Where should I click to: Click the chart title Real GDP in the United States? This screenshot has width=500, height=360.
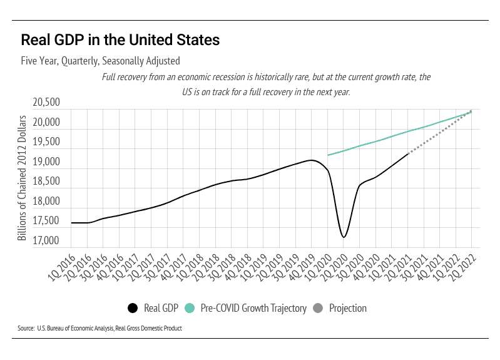(120, 40)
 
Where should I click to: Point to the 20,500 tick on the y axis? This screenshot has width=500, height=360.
(47, 102)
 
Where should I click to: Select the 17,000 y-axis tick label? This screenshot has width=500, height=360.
(47, 240)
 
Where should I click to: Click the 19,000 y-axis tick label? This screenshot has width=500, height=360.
(47, 162)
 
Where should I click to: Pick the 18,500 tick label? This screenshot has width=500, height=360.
(47, 181)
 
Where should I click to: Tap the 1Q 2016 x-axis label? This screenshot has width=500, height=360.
(62, 266)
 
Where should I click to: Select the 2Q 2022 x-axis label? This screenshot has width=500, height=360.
(462, 266)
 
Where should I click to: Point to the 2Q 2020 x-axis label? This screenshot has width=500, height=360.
(334, 266)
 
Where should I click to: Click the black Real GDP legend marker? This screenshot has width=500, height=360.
(132, 308)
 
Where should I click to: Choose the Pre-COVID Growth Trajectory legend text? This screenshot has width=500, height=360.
(253, 308)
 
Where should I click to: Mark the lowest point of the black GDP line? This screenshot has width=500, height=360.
(343, 237)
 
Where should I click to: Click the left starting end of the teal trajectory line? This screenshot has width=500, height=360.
(328, 155)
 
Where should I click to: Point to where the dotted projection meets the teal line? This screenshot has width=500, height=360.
(471, 111)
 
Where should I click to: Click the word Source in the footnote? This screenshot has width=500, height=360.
(26, 328)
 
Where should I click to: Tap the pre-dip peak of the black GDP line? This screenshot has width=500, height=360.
(311, 160)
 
